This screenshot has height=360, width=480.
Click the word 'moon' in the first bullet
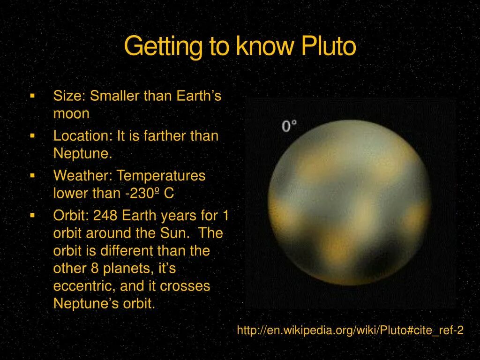pos(71,114)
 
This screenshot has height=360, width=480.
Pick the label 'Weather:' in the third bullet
pos(83,176)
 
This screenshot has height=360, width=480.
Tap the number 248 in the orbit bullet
pos(106,216)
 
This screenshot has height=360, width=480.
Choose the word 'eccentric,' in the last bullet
pos(85,286)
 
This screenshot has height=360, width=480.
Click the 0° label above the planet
pos(289,126)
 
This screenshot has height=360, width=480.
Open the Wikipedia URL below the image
pos(350,330)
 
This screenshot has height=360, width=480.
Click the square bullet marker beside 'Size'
pos(32,96)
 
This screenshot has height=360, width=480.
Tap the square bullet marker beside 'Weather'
pos(32,175)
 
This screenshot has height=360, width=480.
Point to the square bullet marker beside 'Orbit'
pos(32,215)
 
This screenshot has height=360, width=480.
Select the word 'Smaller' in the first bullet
pos(115,96)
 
